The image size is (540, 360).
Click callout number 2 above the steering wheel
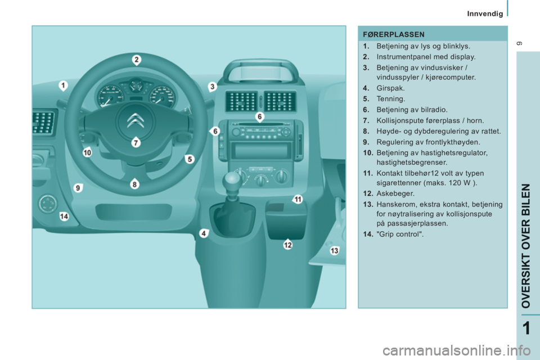[x=136, y=60]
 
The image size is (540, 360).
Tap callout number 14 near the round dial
[x=64, y=217]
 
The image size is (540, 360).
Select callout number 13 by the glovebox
[x=334, y=250]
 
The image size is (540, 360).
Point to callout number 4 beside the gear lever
[x=204, y=233]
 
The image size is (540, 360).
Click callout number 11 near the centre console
[x=297, y=199]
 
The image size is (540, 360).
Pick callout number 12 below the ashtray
[x=287, y=245]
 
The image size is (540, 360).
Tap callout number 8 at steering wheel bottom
[x=134, y=184]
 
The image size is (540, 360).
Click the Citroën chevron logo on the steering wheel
[x=136, y=120]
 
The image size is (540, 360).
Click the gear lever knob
[x=231, y=181]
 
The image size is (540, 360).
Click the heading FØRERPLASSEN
[x=394, y=34]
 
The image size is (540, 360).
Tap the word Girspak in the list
[x=390, y=88]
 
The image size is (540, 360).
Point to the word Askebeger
[x=395, y=193]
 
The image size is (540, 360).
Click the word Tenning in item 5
[x=390, y=99]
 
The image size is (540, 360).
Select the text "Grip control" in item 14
[x=400, y=234]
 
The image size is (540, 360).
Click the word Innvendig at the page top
[x=485, y=13]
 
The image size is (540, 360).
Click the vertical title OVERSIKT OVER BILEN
[x=526, y=246]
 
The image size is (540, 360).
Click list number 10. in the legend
[x=368, y=152]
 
